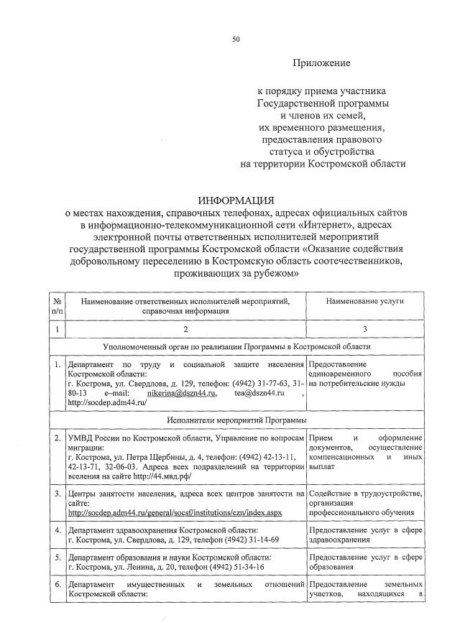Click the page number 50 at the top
[x=235, y=40]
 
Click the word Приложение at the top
[x=321, y=63]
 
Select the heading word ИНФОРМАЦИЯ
[x=236, y=200]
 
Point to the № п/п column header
[x=57, y=307]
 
